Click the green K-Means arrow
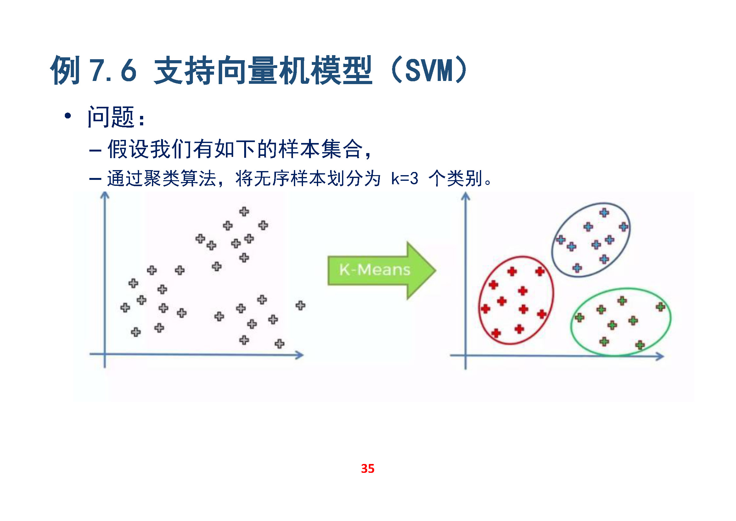pyautogui.click(x=381, y=271)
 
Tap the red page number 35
pyautogui.click(x=368, y=468)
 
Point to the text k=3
pyautogui.click(x=405, y=178)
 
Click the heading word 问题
pyautogui.click(x=110, y=117)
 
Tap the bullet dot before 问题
pyautogui.click(x=68, y=116)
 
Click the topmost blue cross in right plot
pyautogui.click(x=604, y=212)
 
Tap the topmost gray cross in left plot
pyautogui.click(x=244, y=211)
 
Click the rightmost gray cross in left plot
pyautogui.click(x=301, y=305)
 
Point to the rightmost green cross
pyautogui.click(x=660, y=307)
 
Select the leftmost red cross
pyautogui.click(x=485, y=309)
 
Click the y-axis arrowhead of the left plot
pyautogui.click(x=105, y=195)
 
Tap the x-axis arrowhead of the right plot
pyautogui.click(x=660, y=357)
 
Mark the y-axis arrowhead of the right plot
pyautogui.click(x=465, y=196)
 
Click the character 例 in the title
pyautogui.click(x=65, y=70)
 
